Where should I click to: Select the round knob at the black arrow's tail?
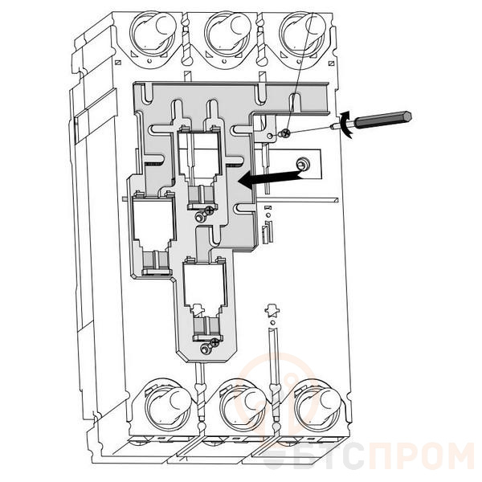tap(302, 165)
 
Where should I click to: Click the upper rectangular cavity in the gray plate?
tap(196, 157)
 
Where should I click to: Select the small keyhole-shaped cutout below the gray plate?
tap(271, 310)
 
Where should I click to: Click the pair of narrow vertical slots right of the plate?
tap(268, 234)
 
